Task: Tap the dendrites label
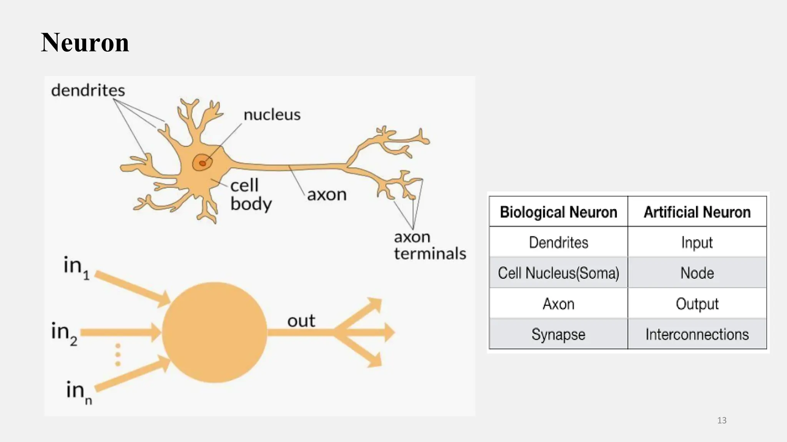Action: [x=88, y=91]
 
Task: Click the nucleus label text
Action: [x=272, y=115]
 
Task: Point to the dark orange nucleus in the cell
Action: [x=202, y=163]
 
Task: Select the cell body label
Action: [x=250, y=195]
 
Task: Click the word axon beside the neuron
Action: [x=327, y=195]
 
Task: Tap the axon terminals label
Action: [x=430, y=246]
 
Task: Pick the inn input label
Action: [x=78, y=392]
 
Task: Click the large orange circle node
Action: [x=214, y=332]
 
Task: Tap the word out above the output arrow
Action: [x=301, y=321]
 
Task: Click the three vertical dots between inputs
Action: [x=118, y=355]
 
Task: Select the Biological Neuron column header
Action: [x=558, y=212]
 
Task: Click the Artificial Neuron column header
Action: [x=697, y=212]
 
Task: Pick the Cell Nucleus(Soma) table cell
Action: [x=558, y=273]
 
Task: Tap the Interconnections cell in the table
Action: [x=697, y=334]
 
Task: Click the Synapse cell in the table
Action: [x=558, y=334]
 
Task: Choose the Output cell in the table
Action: [x=697, y=303]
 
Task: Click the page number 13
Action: [x=722, y=421]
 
